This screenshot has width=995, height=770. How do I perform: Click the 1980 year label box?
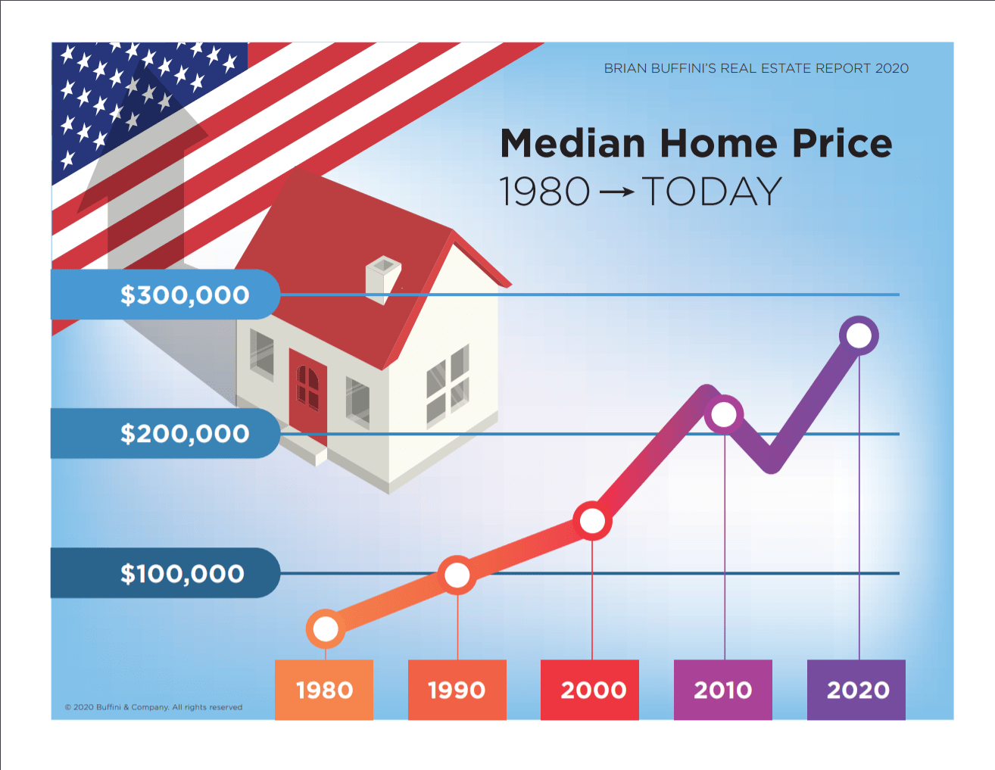tap(324, 690)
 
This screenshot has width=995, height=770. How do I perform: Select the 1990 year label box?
tap(457, 690)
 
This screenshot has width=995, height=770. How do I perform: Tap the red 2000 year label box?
tap(590, 690)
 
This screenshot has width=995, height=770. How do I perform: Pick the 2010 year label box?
tap(722, 690)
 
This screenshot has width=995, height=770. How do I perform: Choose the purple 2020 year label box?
tap(856, 690)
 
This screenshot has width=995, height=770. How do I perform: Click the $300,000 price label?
tap(184, 295)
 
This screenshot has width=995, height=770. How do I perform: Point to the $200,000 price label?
tap(184, 434)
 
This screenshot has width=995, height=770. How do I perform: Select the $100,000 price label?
tap(182, 573)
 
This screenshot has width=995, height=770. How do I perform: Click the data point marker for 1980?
tap(326, 628)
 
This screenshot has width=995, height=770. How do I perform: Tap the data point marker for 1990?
tap(457, 575)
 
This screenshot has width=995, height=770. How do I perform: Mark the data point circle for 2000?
tap(592, 521)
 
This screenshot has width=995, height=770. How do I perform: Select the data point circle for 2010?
tap(725, 414)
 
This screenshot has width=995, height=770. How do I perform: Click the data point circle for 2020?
tap(859, 335)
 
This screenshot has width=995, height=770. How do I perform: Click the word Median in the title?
tap(572, 144)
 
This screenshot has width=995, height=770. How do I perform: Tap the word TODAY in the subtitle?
tap(712, 192)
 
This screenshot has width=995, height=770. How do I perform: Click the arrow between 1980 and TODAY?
tap(616, 192)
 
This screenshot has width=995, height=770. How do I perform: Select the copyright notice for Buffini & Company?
tap(154, 707)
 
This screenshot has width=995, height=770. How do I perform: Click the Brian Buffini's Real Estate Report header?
tap(756, 68)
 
